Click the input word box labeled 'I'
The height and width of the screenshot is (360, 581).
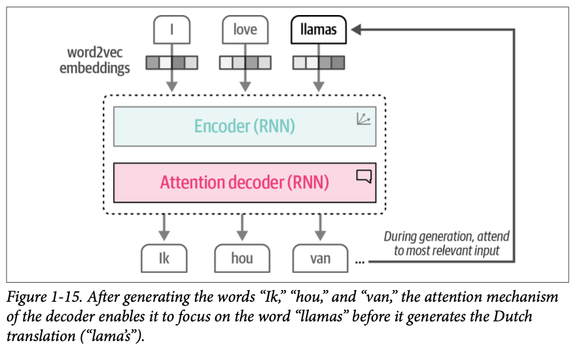(x=171, y=29)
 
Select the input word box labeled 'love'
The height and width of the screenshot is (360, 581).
(x=245, y=29)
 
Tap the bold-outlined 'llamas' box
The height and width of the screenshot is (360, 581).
(x=319, y=29)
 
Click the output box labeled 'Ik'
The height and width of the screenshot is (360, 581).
(x=164, y=258)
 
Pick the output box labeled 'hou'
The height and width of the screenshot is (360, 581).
(x=242, y=258)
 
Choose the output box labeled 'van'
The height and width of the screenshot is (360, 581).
(x=321, y=258)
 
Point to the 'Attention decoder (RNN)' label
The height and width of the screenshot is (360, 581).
(x=245, y=181)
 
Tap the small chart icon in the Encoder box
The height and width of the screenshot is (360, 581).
(x=363, y=118)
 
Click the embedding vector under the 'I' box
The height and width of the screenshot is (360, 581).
(x=171, y=63)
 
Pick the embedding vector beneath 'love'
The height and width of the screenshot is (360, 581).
(x=245, y=63)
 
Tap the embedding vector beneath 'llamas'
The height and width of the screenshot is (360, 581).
(x=319, y=63)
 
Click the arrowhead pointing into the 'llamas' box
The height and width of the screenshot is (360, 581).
(x=357, y=29)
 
